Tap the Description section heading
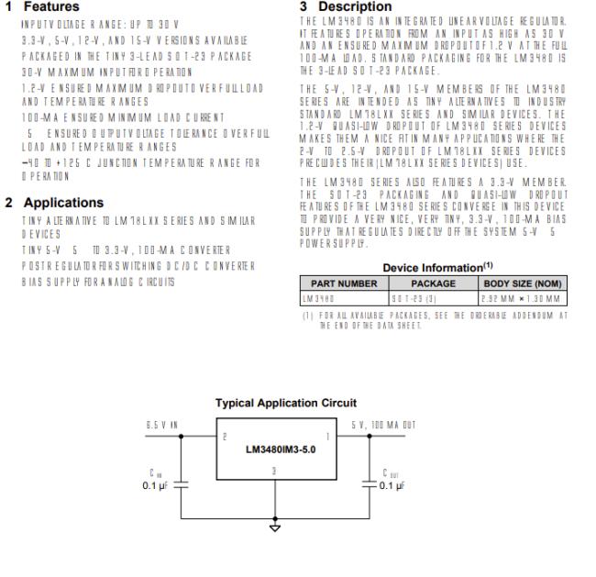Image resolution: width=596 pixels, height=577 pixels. pos(353,6)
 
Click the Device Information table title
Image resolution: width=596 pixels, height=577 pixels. pos(430,268)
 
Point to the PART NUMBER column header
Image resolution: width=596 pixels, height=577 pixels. pos(343,284)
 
